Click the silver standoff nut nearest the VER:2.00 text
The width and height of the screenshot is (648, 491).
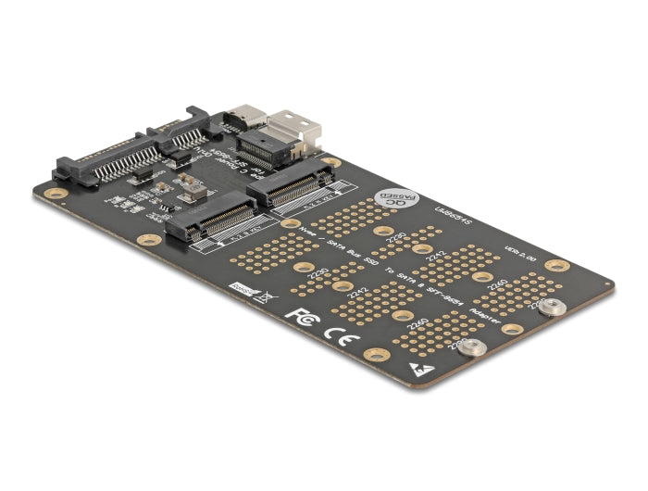coord(553,307)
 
